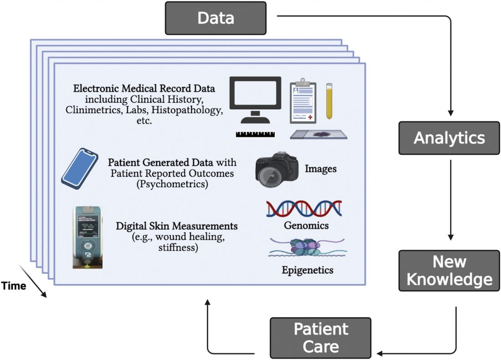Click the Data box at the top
tap(215, 18)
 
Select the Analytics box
tap(449, 137)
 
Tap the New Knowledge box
tap(449, 270)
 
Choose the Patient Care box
tap(320, 338)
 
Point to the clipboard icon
tap(303, 102)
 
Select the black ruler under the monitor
tap(255, 135)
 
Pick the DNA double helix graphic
tap(304, 208)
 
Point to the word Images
tap(321, 169)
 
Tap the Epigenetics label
tap(307, 270)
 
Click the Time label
tap(13, 286)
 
